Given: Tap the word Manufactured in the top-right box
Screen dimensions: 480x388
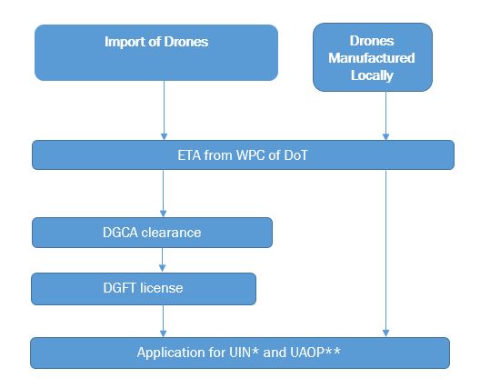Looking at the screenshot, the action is pos(372,58).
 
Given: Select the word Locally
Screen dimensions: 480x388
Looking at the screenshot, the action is pos(372,75).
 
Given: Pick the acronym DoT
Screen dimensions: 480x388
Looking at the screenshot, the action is pos(295,155).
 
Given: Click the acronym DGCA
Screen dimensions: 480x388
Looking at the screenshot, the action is pos(120,233).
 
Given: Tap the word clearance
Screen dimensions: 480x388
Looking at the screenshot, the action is pos(172,233).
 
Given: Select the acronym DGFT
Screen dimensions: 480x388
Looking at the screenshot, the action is pos(119,288).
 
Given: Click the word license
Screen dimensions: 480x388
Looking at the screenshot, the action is pos(161,288).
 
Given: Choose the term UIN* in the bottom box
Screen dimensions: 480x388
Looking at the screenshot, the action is pos(244,353).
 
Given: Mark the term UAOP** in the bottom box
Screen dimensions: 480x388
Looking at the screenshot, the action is pos(315,353).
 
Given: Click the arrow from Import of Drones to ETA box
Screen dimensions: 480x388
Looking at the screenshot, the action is pos(164,111).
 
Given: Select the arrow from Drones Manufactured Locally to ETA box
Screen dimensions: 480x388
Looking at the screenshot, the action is pos(385,115).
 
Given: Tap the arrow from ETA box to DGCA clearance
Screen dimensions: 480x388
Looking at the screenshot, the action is pos(163,194).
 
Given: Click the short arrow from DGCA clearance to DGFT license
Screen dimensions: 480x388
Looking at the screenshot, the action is pos(162,260).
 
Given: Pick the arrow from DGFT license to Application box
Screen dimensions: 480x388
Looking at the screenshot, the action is pos(163,321).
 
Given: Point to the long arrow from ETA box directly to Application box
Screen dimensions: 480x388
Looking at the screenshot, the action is pos(385,253).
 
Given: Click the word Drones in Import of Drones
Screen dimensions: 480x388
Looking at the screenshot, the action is pos(186,42).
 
